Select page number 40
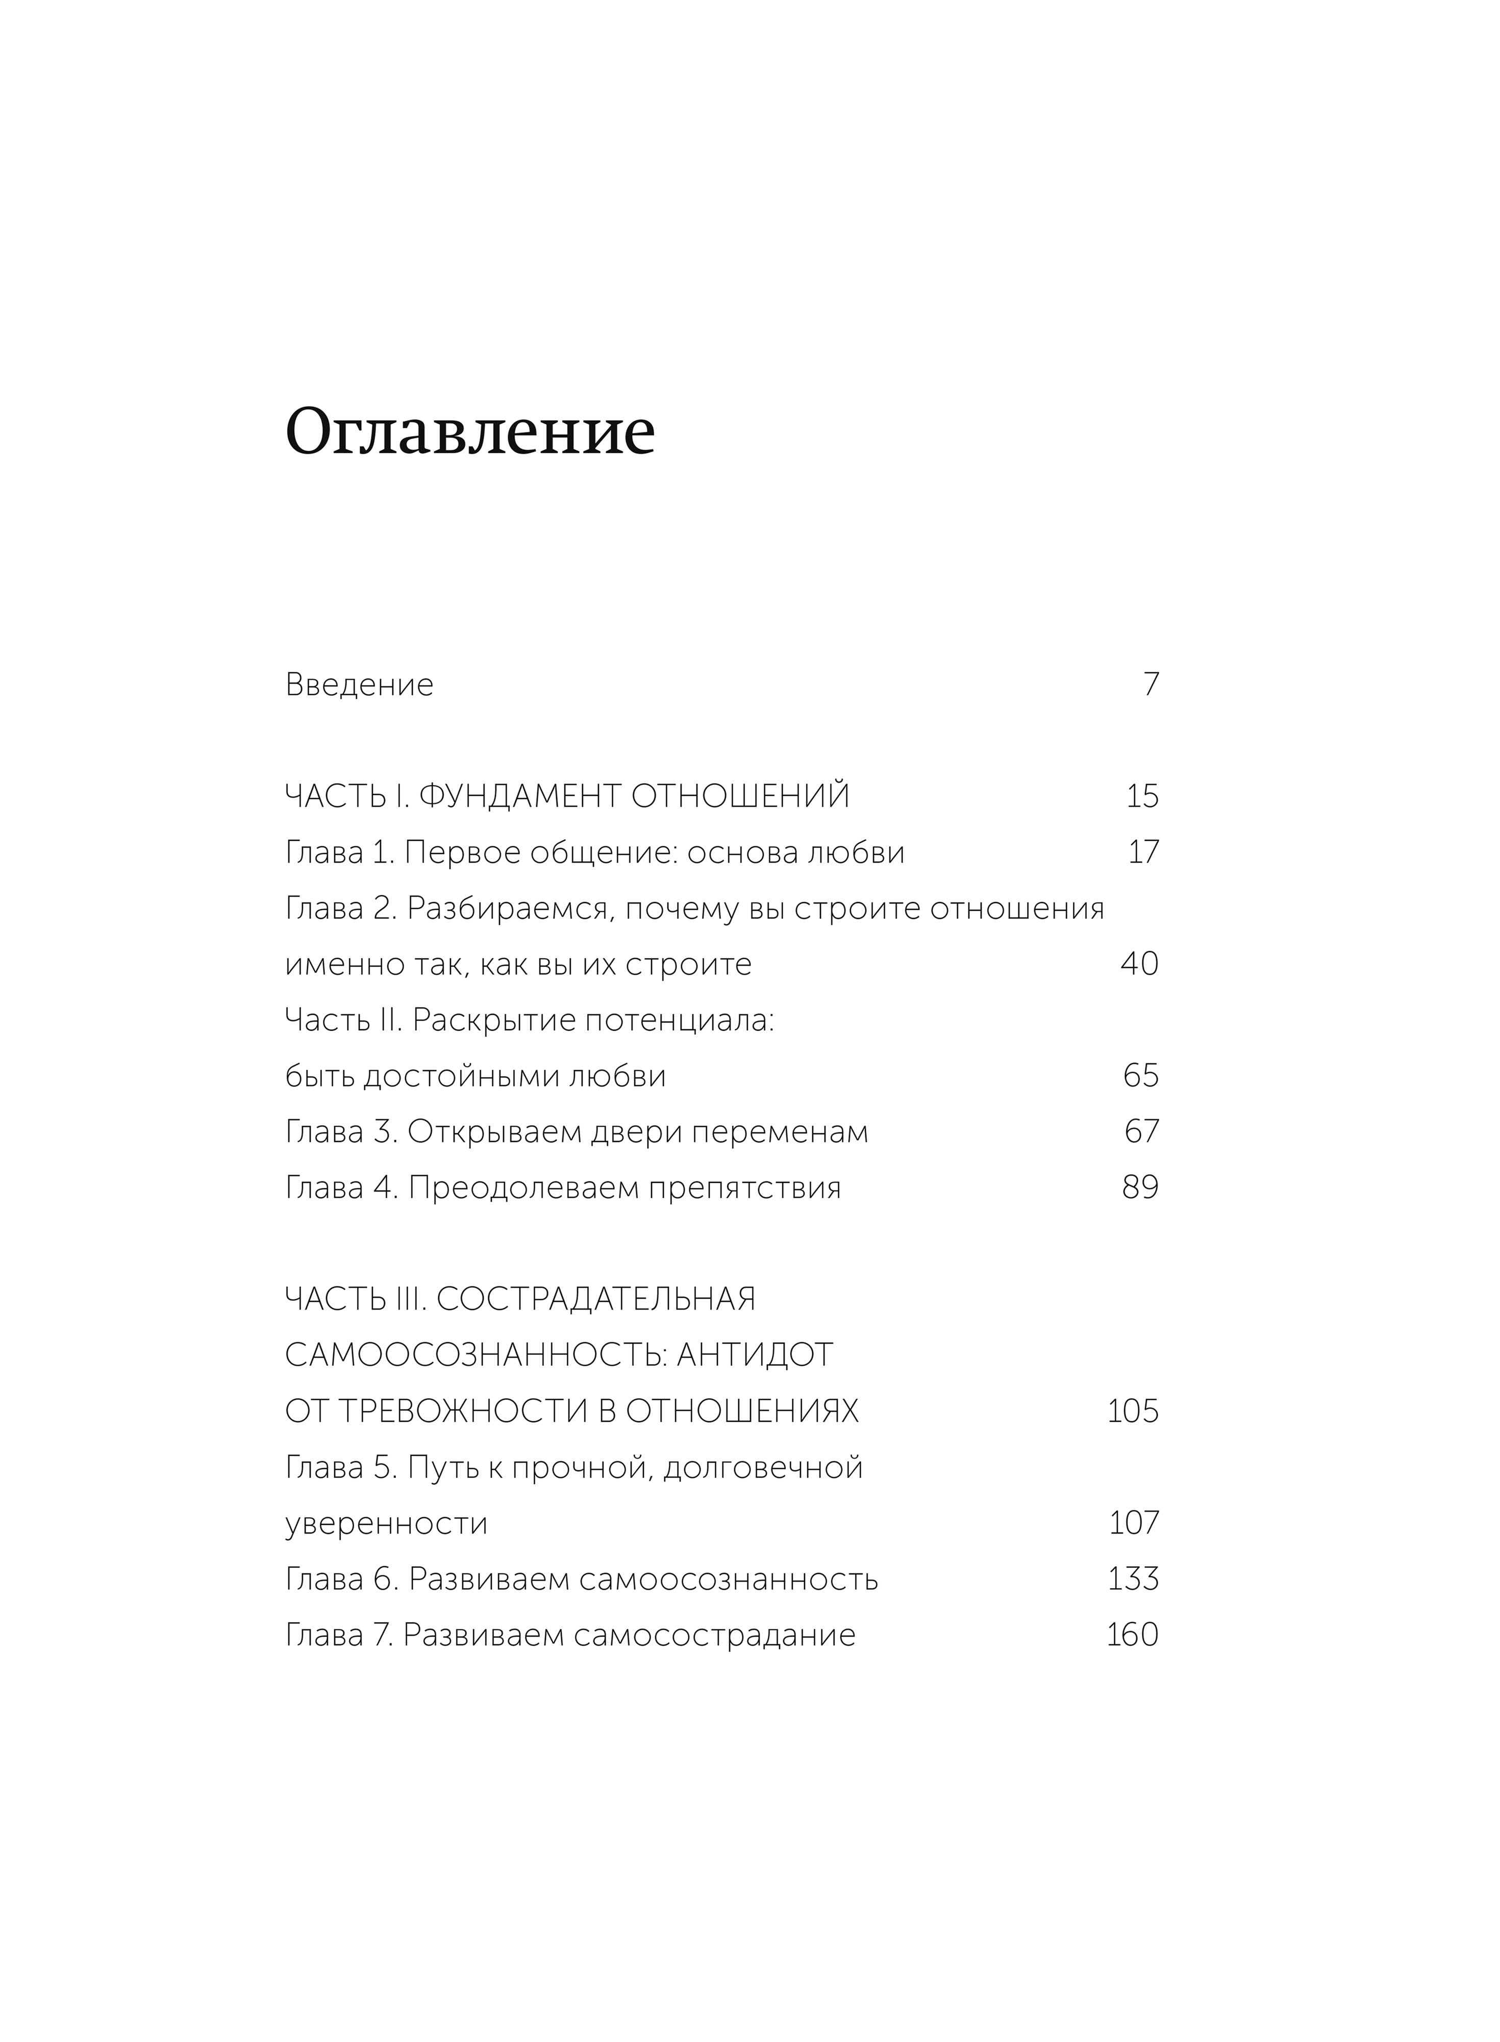point(1139,964)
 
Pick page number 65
point(1141,1076)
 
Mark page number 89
point(1140,1187)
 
